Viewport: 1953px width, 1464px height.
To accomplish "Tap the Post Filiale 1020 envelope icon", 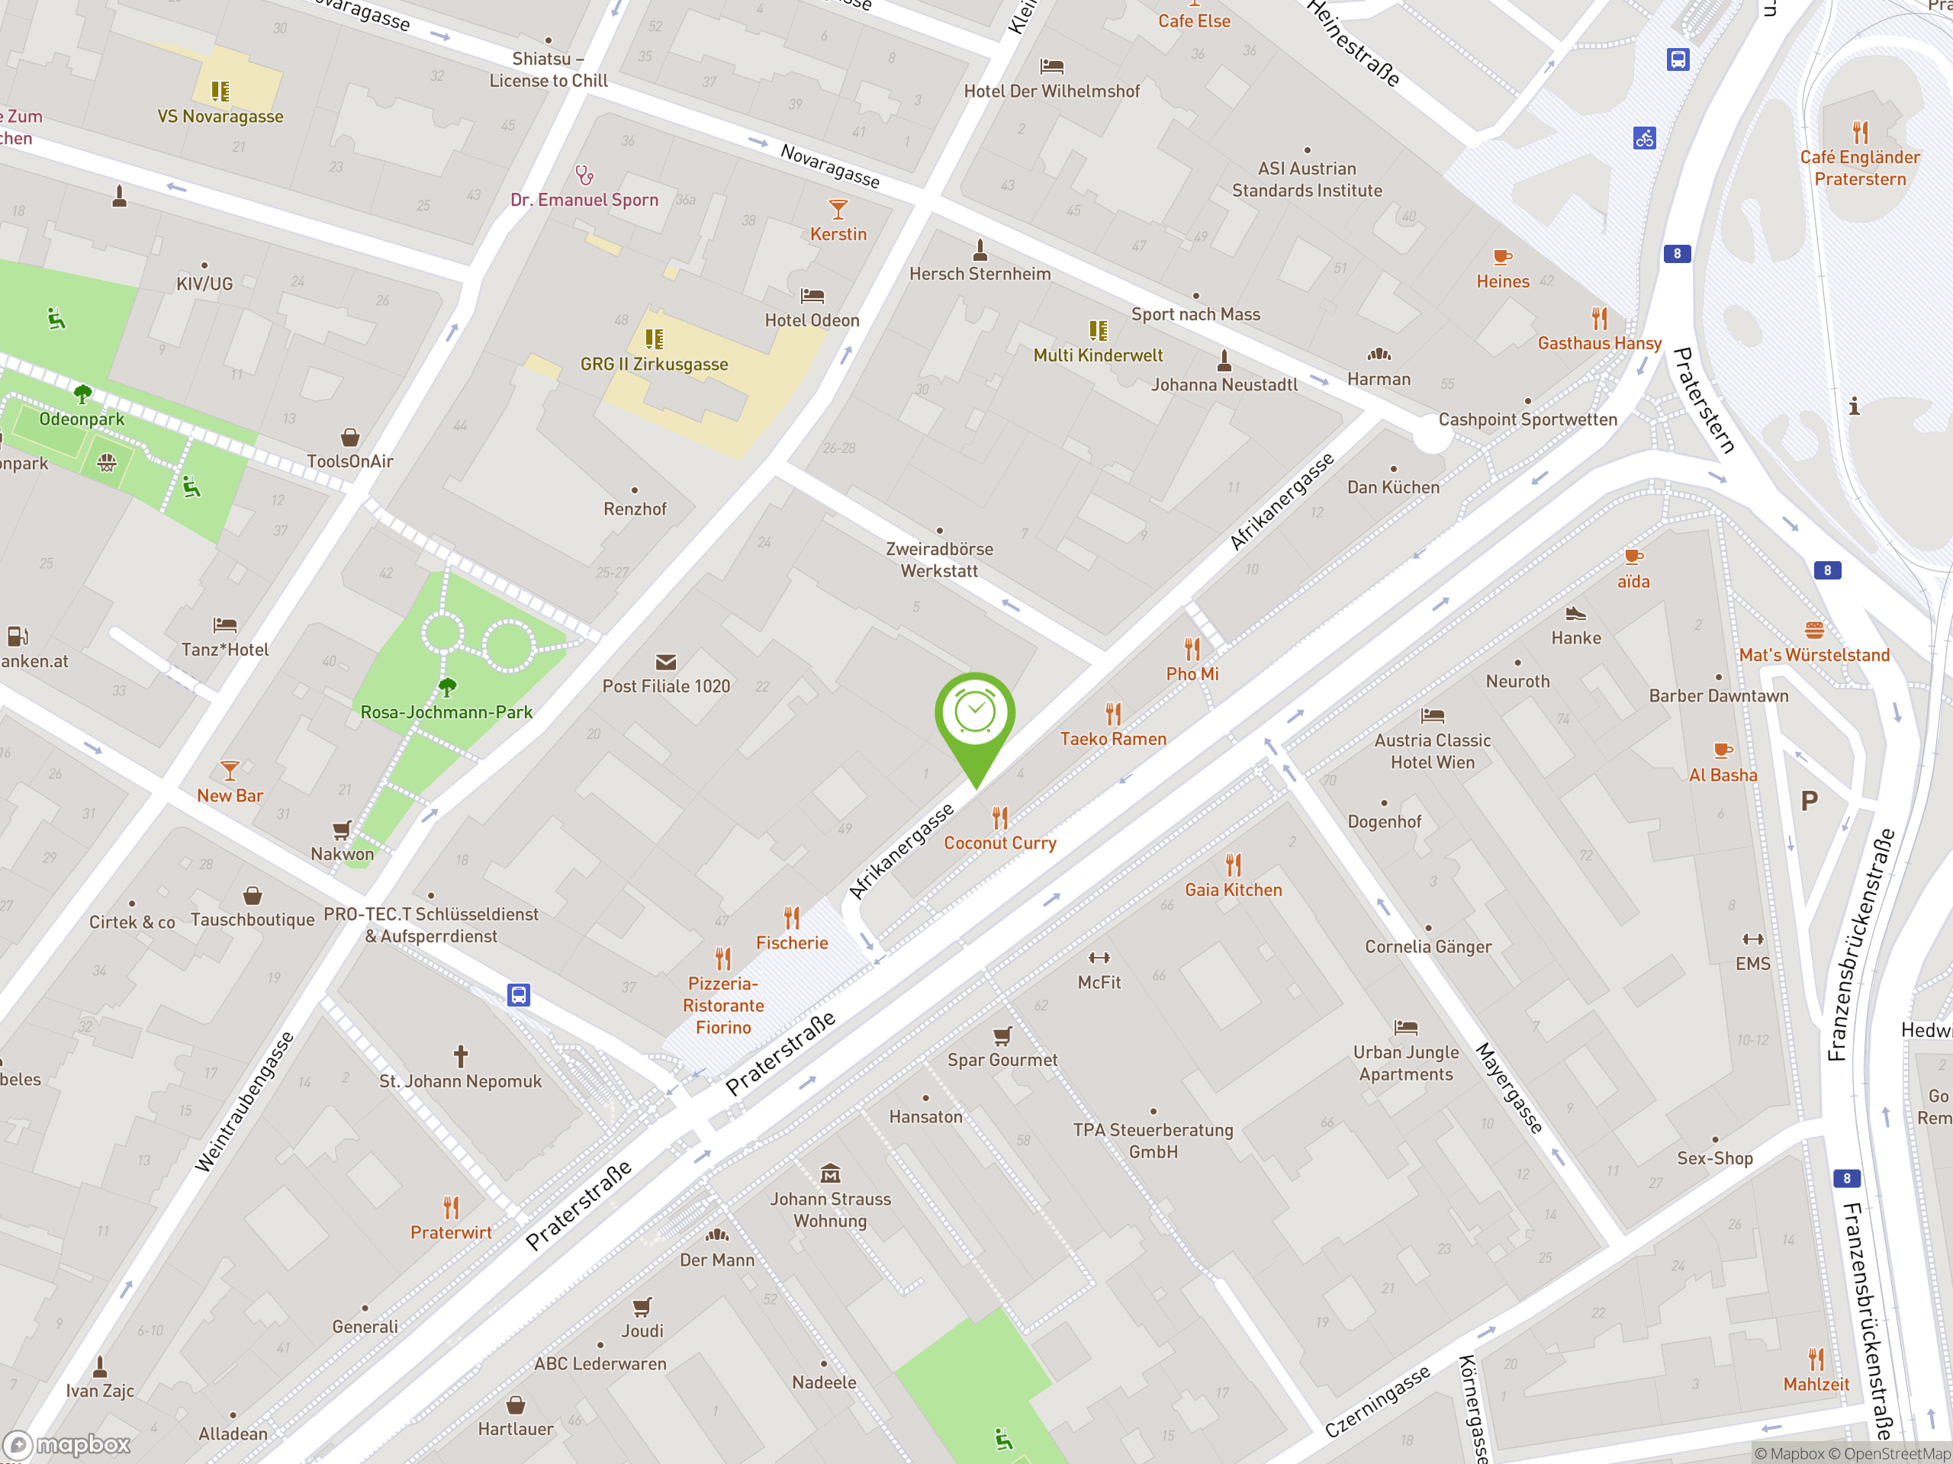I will click(666, 662).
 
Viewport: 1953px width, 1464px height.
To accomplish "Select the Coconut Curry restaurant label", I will click(999, 843).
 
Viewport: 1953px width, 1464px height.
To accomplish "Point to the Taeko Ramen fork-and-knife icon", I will click(1113, 713).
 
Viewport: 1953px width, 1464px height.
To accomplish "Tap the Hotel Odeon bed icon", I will click(812, 296).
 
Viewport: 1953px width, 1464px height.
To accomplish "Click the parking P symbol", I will click(1809, 801).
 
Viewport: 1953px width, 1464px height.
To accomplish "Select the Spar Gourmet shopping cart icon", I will click(1002, 1035).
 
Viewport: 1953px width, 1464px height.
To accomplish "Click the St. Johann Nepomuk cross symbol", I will click(460, 1055).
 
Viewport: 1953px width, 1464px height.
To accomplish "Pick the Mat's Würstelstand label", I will click(1814, 655).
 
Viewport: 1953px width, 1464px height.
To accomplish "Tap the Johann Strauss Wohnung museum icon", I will click(830, 1173).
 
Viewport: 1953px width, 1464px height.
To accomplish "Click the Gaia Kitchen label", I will click(1234, 891).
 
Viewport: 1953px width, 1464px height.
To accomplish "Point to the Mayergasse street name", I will click(1510, 1087).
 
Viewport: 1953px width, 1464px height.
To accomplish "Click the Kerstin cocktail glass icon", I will click(838, 209).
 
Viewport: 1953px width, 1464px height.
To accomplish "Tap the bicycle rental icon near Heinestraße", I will click(1644, 139).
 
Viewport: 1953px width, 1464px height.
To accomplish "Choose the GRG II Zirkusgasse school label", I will click(655, 364).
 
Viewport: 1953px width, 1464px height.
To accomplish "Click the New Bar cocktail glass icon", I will click(230, 770).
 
